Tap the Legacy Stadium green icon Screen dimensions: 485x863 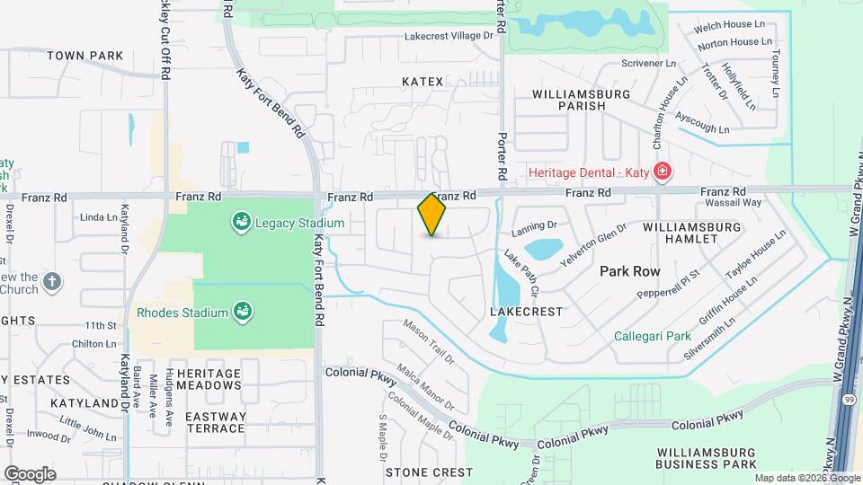(241, 222)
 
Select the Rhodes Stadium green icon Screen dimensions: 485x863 (241, 312)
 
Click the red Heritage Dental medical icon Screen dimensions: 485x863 (663, 170)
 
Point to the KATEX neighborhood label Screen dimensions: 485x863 (423, 82)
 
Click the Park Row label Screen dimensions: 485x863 (630, 270)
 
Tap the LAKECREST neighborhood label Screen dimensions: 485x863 (526, 312)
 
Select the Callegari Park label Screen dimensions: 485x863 (652, 337)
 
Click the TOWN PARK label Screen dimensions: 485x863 (85, 56)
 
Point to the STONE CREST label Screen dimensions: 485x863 (429, 472)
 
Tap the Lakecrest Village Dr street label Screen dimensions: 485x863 (449, 36)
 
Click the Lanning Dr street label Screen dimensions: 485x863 (535, 230)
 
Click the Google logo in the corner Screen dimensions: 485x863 (30, 473)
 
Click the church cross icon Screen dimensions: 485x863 (53, 281)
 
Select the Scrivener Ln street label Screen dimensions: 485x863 (649, 64)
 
